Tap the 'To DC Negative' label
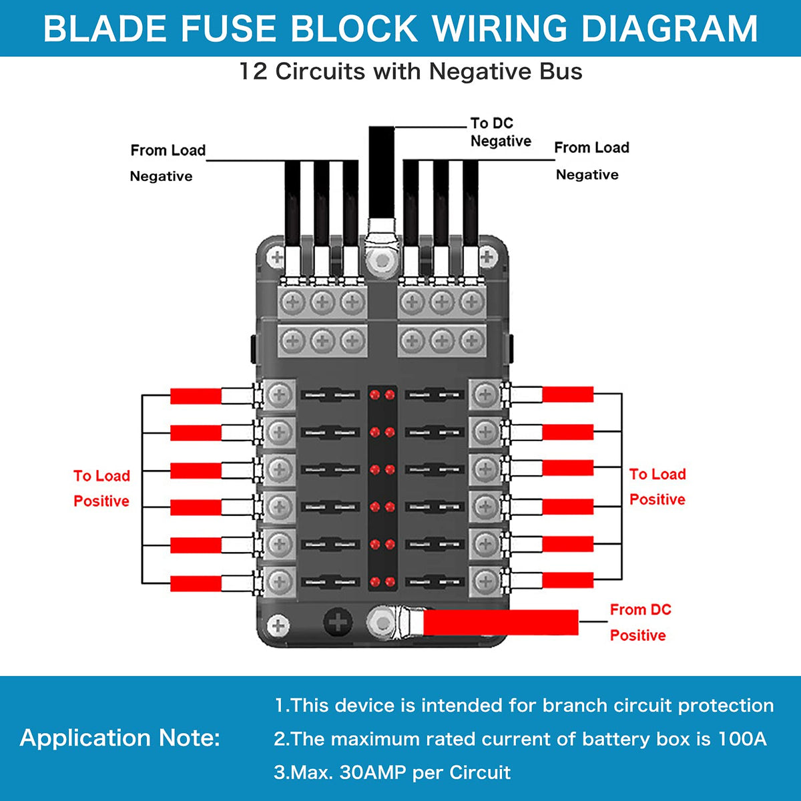500,132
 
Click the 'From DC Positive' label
639,622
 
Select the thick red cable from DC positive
501,623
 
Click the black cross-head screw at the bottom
338,623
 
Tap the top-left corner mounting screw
276,256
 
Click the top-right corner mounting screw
487,256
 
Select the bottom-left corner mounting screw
278,625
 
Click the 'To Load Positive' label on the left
101,489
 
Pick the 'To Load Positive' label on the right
657,487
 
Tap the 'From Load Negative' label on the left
166,163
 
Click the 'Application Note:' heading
120,738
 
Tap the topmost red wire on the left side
196,396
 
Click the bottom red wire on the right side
567,580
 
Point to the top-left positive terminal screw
279,395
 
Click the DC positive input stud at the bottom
382,622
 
